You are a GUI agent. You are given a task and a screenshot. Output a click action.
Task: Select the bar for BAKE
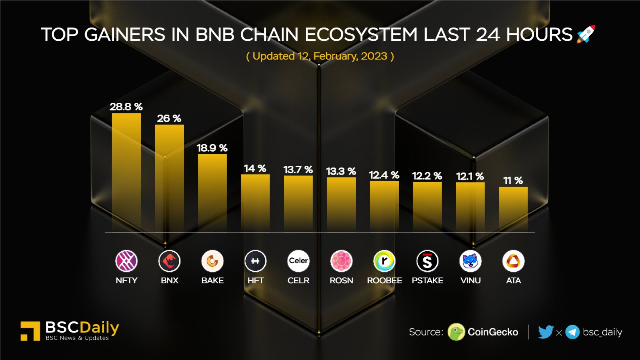click(x=212, y=192)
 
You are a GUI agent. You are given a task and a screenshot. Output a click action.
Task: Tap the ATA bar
click(x=513, y=208)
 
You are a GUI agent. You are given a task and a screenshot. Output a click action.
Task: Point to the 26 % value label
click(x=169, y=118)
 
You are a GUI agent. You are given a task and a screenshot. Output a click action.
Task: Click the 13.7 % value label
click(x=298, y=170)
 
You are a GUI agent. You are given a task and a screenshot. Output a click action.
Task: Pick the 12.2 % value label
click(x=427, y=176)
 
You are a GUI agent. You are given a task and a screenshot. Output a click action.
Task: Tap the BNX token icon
click(x=169, y=261)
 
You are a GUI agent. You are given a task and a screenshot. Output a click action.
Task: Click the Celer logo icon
click(x=298, y=261)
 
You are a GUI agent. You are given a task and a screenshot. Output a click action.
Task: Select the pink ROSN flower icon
click(x=341, y=261)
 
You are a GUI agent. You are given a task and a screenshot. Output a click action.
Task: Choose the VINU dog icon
click(x=470, y=261)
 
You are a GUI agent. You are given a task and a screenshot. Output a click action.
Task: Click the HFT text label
click(x=255, y=280)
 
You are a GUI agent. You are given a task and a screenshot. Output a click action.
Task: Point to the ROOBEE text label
click(x=384, y=280)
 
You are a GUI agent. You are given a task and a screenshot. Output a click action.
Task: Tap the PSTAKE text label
click(x=427, y=280)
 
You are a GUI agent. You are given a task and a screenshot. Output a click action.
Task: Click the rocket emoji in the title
click(x=586, y=34)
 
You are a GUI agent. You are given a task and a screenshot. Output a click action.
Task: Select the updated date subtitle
click(x=320, y=56)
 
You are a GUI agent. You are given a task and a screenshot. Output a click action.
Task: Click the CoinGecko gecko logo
click(x=456, y=332)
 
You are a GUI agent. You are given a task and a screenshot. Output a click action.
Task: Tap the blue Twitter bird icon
click(x=545, y=332)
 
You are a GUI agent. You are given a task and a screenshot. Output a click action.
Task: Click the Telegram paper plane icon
click(x=572, y=332)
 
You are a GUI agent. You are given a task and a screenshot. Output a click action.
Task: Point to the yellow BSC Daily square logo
click(x=30, y=331)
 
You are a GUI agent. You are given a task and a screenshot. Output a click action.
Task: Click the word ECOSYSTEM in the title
click(x=361, y=35)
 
